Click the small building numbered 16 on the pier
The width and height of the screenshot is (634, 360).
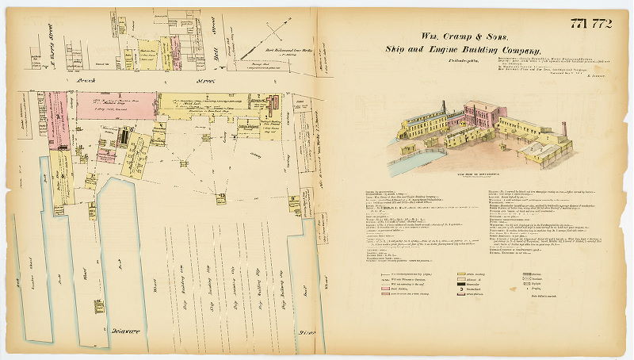(x=99, y=305)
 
